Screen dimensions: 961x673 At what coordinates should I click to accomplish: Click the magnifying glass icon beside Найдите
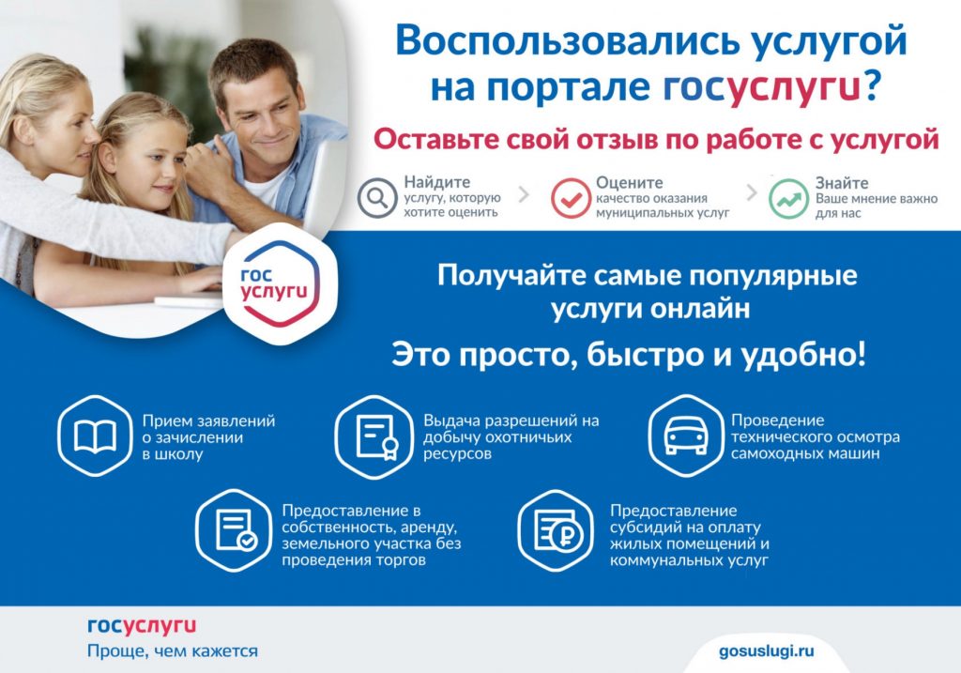coord(377,198)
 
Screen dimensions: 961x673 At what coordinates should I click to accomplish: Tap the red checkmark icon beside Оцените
coord(571,198)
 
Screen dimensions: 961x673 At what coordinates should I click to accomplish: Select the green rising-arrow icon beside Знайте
coord(788,198)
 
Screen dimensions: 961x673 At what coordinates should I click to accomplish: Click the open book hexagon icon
coord(95,436)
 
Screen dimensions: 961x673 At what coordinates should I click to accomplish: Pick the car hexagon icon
coord(686,436)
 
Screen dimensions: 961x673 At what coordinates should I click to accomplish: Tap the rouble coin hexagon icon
coord(556,530)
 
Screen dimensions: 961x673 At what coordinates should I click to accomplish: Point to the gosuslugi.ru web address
coord(766,650)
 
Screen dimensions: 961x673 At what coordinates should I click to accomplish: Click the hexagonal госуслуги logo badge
coord(280,283)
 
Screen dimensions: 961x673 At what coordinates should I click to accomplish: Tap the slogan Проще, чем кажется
coord(173,650)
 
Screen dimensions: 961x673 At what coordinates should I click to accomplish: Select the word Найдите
coord(437,182)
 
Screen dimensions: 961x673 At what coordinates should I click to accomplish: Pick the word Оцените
coord(630,182)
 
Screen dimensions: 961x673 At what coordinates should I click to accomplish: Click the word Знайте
coord(842,183)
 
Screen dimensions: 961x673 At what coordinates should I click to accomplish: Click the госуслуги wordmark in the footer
coord(142,626)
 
